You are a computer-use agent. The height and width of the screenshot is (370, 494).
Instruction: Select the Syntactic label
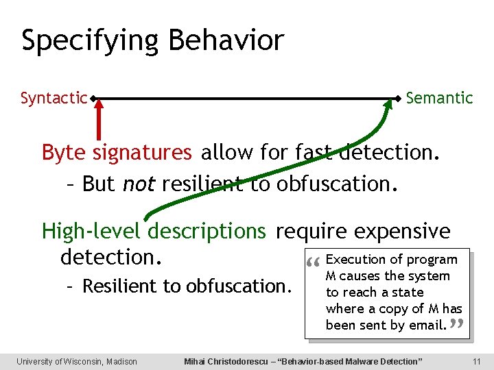pyautogui.click(x=54, y=99)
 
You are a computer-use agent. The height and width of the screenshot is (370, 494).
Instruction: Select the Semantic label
pyautogui.click(x=439, y=98)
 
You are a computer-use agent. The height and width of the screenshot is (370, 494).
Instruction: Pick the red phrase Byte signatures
pyautogui.click(x=117, y=152)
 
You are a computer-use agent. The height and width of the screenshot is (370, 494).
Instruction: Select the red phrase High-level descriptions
pyautogui.click(x=154, y=232)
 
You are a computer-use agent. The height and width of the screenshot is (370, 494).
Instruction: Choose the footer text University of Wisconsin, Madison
pyautogui.click(x=77, y=361)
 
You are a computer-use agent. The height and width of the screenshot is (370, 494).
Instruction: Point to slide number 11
pyautogui.click(x=476, y=361)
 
